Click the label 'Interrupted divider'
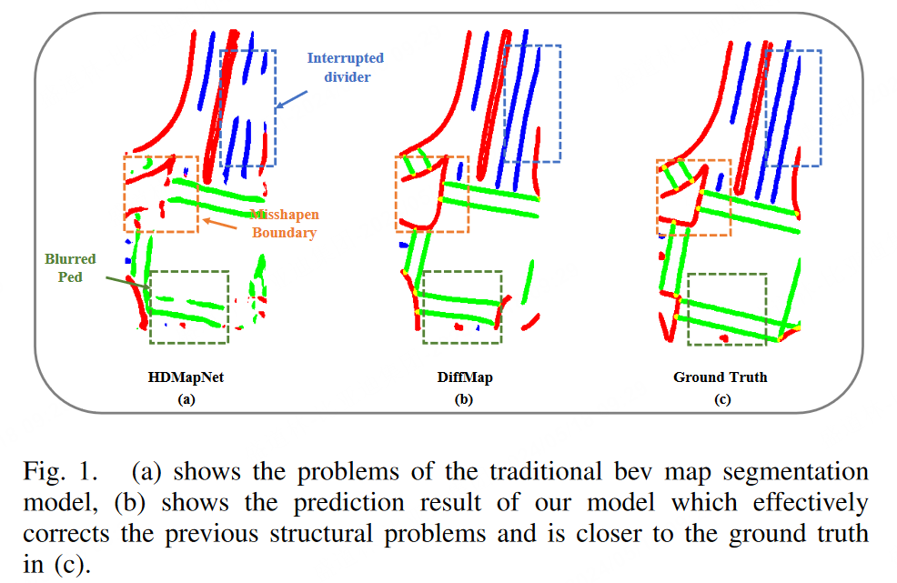coord(345,67)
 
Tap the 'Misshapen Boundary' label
coord(283,224)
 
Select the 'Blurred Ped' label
coord(70,267)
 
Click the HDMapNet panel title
coord(186,377)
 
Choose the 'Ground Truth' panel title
coord(720,377)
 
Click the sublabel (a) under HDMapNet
coord(186,398)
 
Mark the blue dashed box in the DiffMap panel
coord(531,104)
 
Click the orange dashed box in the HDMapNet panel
coord(161,193)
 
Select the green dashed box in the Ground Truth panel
coord(727,309)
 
